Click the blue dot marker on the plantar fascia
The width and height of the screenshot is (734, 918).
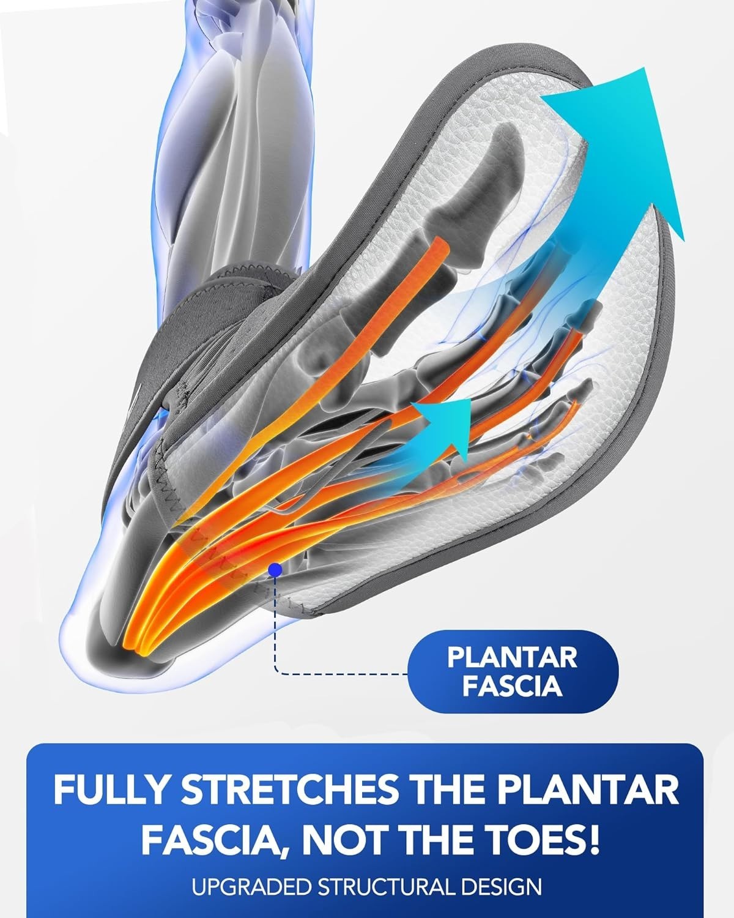point(275,570)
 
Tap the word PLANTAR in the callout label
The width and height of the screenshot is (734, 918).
point(512,658)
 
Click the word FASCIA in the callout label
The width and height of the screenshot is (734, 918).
point(512,686)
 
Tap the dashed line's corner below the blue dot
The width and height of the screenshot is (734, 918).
point(276,673)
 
